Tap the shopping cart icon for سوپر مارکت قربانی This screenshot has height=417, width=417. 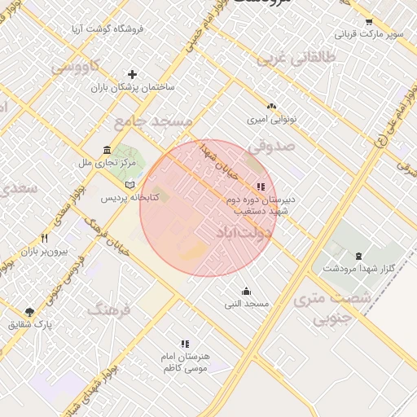pos(369,22)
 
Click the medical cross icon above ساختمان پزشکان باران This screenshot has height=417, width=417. pos(133,74)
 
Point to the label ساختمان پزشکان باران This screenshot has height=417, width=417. pos(133,86)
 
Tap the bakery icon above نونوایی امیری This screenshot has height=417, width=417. pos(272,106)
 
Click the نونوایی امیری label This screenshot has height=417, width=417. pos(272,119)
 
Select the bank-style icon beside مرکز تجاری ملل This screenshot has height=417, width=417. pos(108,150)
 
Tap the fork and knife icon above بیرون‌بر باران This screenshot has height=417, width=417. pos(44,239)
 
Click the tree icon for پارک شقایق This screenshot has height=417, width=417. pos(30,312)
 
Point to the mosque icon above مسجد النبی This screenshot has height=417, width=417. pos(247,292)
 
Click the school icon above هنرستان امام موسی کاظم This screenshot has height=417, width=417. pos(186,344)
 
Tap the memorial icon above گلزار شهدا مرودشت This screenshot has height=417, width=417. pos(358,256)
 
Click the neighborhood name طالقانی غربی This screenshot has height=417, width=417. pos(296,58)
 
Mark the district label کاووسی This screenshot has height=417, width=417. pos(77,66)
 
